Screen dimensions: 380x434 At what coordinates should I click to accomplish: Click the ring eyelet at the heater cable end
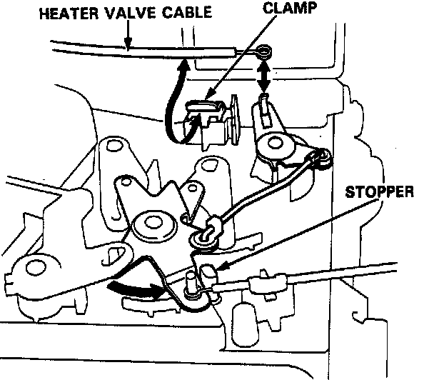pos(266,52)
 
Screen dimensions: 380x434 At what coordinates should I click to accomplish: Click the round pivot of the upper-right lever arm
pos(273,146)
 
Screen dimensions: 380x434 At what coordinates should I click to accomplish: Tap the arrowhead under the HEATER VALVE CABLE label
pos(128,44)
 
